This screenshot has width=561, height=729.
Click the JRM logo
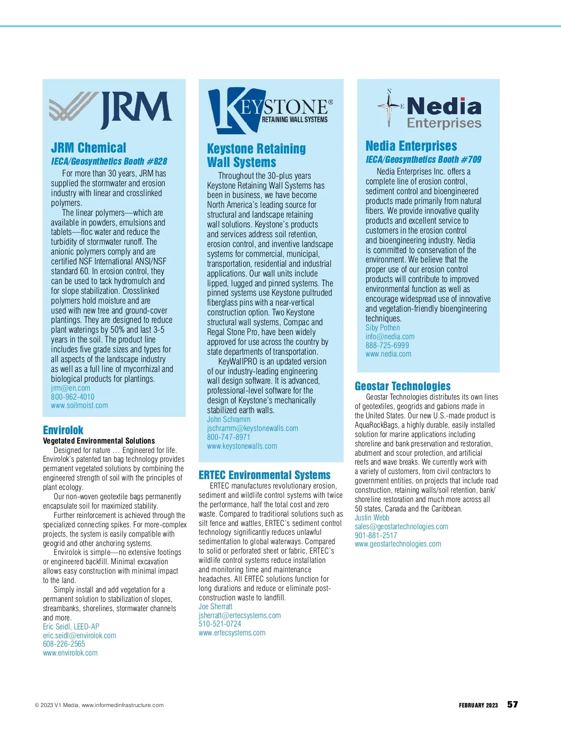[111, 110]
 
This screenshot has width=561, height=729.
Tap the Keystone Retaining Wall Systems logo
[270, 111]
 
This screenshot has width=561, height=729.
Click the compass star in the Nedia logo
[389, 107]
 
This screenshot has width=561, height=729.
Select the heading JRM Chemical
[88, 148]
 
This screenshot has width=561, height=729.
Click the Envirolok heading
[63, 430]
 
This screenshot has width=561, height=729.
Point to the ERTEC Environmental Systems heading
[265, 475]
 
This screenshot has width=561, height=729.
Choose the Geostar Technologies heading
[403, 386]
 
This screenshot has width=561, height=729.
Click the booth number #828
[157, 161]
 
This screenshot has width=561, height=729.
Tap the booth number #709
[471, 160]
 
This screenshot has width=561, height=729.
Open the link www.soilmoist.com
[79, 405]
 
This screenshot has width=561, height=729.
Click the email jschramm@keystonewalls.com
[252, 428]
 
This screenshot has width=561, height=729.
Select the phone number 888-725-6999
[387, 345]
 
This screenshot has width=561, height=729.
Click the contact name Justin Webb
[372, 518]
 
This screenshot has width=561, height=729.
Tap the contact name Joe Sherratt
[216, 606]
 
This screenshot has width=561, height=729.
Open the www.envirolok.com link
[70, 653]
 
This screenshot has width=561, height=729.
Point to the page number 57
[512, 705]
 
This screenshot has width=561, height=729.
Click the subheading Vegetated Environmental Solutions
[99, 441]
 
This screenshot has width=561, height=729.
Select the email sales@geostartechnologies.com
[401, 526]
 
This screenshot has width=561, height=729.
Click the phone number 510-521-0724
[220, 624]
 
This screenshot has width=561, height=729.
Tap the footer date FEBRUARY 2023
[478, 705]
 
